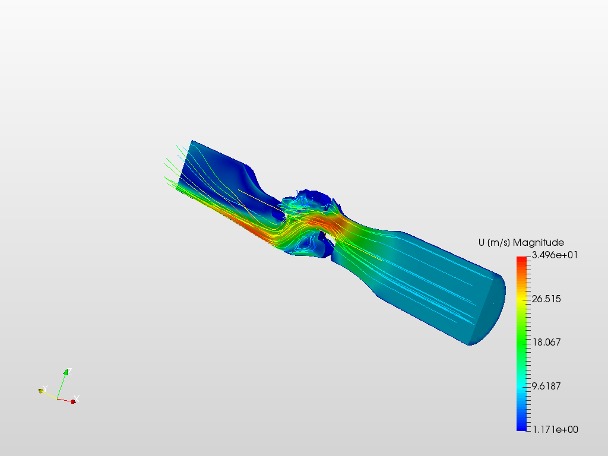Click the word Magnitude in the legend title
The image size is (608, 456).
click(x=538, y=243)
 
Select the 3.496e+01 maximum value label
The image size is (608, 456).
click(x=555, y=255)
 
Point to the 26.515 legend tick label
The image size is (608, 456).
click(x=546, y=299)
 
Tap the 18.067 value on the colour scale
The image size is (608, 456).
click(x=546, y=343)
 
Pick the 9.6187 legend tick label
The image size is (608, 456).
click(x=546, y=386)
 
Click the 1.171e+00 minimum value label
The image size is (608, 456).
click(x=555, y=430)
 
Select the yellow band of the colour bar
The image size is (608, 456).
click(x=521, y=299)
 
